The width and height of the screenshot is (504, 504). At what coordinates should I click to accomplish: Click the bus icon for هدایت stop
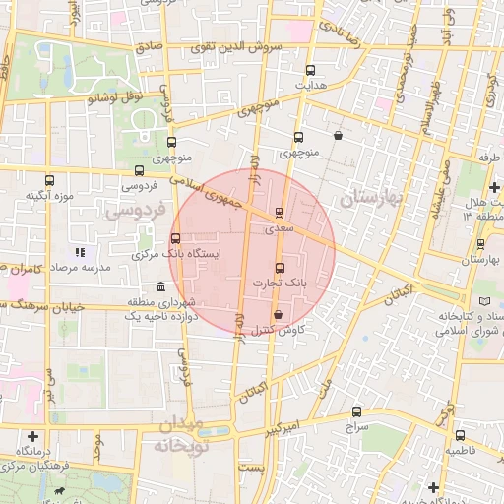pyautogui.click(x=311, y=70)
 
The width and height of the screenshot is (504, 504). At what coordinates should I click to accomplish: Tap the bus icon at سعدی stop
pyautogui.click(x=279, y=212)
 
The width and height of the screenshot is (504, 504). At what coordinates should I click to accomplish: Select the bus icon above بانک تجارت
pyautogui.click(x=280, y=268)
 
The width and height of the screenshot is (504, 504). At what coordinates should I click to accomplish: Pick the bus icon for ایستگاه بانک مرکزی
pyautogui.click(x=175, y=238)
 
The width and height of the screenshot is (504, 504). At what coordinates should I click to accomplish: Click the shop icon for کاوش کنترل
pyautogui.click(x=277, y=315)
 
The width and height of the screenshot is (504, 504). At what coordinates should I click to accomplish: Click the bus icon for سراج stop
pyautogui.click(x=356, y=412)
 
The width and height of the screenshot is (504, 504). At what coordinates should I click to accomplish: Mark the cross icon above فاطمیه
pyautogui.click(x=460, y=434)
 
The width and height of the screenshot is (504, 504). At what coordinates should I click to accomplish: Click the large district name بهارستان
pyautogui.click(x=372, y=197)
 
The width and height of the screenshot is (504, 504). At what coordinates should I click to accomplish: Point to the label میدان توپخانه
pyautogui.click(x=178, y=435)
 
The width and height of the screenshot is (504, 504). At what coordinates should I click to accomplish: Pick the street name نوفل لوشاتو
pyautogui.click(x=116, y=96)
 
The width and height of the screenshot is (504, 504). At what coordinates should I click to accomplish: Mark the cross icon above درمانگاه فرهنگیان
pyautogui.click(x=34, y=435)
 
